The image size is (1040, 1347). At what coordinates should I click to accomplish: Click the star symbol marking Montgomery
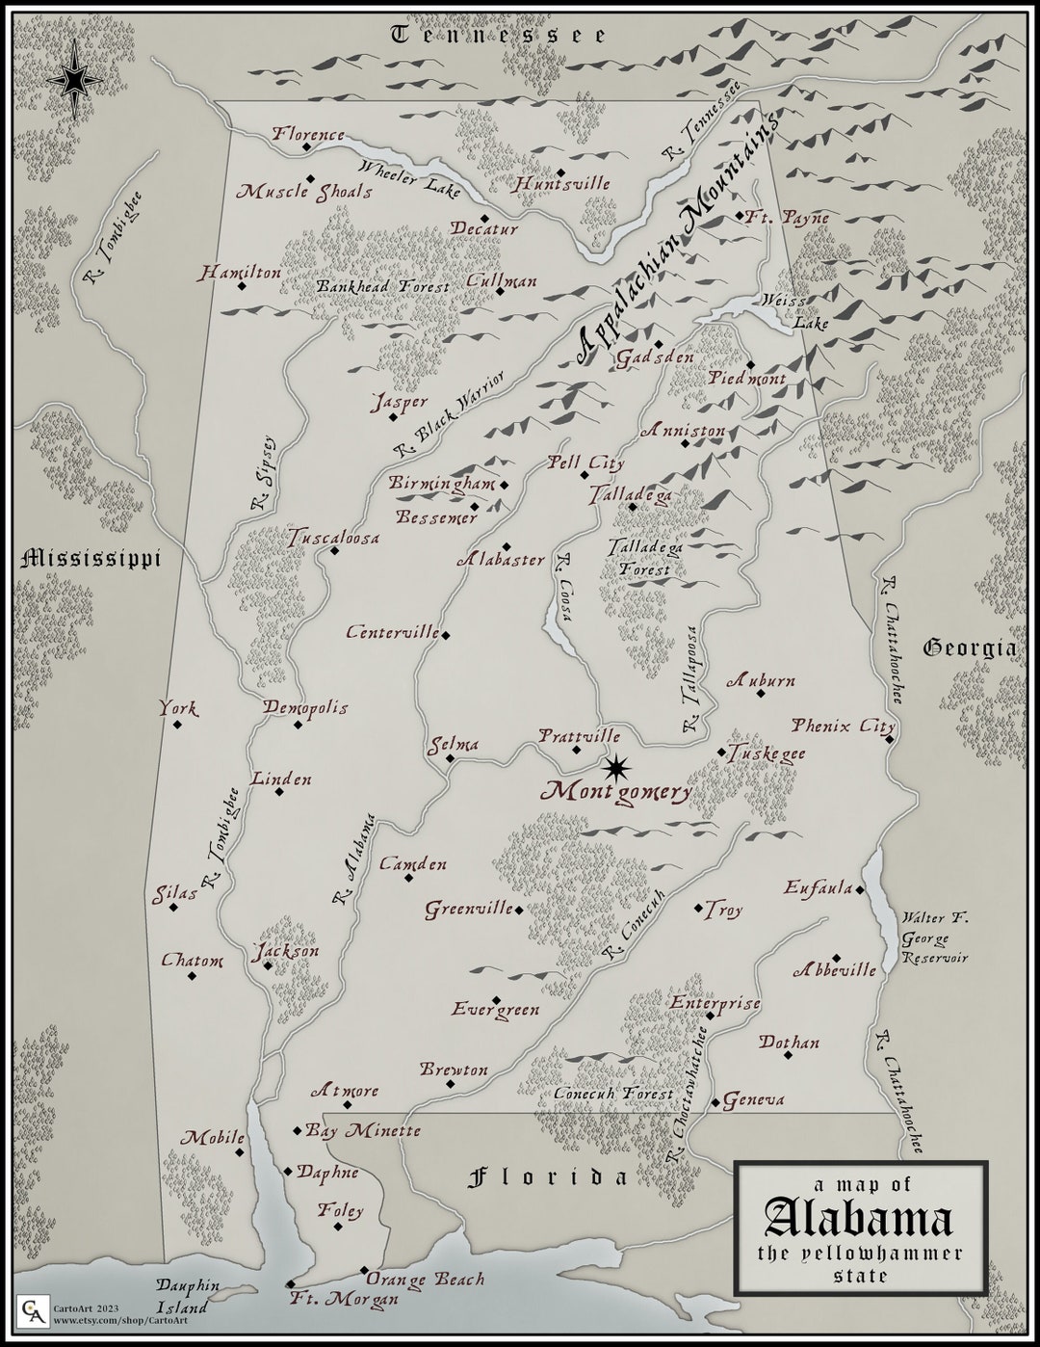(x=616, y=768)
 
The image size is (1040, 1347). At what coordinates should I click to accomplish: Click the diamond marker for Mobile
(x=240, y=1152)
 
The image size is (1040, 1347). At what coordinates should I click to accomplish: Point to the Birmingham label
(x=442, y=483)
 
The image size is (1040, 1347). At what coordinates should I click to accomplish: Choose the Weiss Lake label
(x=794, y=312)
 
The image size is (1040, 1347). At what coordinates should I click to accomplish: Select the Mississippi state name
(x=90, y=558)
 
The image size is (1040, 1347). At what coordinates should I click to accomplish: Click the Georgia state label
(x=970, y=647)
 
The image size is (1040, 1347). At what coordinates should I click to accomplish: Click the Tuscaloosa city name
(x=333, y=538)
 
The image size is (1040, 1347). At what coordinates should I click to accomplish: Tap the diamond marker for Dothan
(x=788, y=1055)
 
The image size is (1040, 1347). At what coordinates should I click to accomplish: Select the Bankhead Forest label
(x=383, y=287)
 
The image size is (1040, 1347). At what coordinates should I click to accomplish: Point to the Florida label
(x=548, y=1176)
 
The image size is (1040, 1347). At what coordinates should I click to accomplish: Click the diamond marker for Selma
(x=450, y=758)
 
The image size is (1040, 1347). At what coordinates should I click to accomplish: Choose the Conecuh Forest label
(x=613, y=1095)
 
